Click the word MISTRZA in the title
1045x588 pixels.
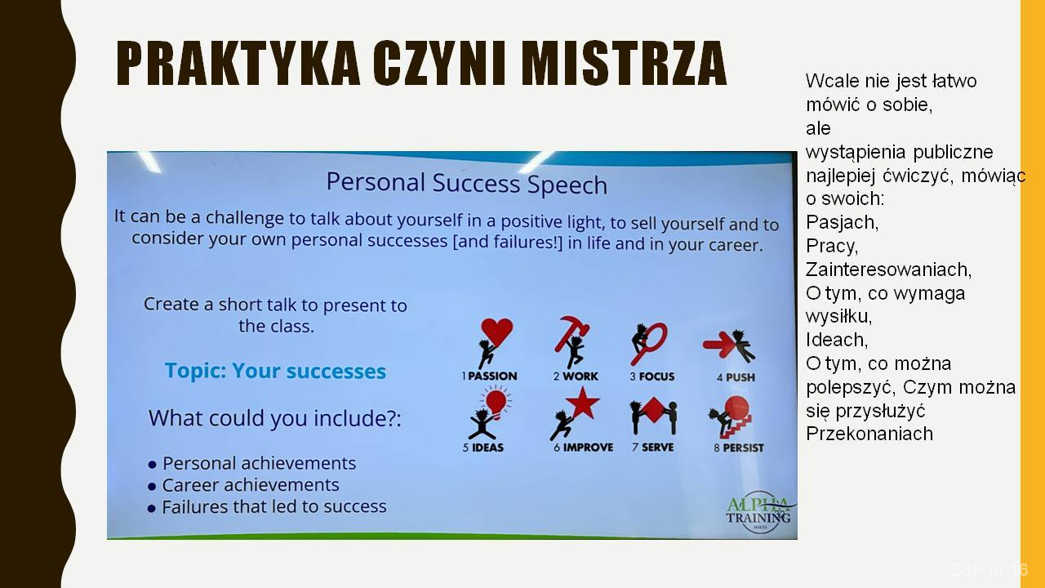coord(623,63)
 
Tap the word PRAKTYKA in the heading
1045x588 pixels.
coord(238,63)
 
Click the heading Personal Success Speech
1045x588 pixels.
coord(466,183)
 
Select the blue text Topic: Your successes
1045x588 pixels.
coord(275,371)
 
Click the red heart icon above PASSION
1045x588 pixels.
coord(496,332)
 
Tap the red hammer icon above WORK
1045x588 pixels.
coord(571,332)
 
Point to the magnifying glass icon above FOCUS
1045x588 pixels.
coord(651,343)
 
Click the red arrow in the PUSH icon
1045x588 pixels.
coord(718,345)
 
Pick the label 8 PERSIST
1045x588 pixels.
coord(739,448)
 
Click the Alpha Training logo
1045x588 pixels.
coord(758,512)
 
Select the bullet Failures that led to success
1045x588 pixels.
coord(267,507)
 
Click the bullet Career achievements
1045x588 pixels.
coord(243,485)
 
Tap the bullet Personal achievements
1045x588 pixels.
coord(252,463)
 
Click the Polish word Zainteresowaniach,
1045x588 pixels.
coord(889,269)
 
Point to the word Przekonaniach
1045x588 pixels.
coord(869,434)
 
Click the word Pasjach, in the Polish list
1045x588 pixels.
coord(842,223)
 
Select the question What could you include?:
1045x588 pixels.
coord(275,418)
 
